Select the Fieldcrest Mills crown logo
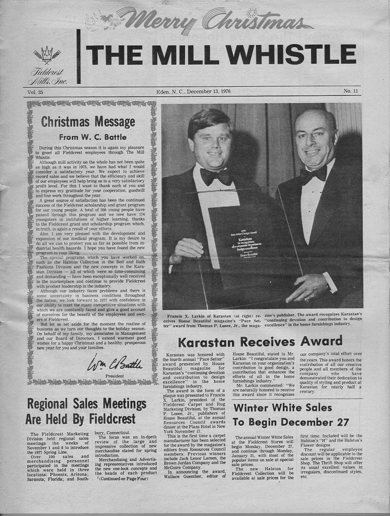coord(47,55)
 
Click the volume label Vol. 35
coord(35,91)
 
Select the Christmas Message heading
coord(88,122)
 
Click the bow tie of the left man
coord(216,176)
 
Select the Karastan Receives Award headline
coord(260,341)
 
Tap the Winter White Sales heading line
coord(282,408)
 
